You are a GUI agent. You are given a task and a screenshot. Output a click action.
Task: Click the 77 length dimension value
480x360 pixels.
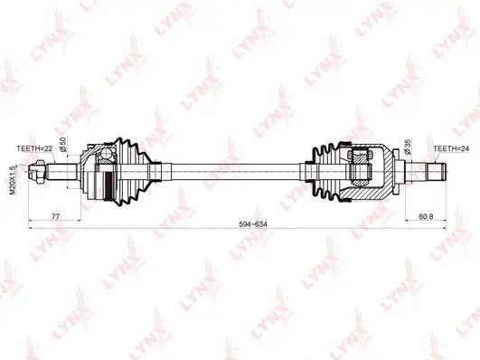(55, 217)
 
